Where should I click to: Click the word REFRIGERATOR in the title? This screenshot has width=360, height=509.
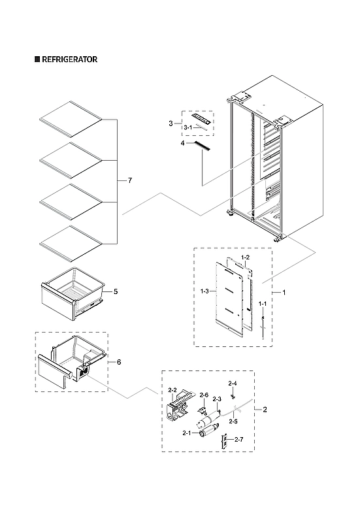pyautogui.click(x=70, y=59)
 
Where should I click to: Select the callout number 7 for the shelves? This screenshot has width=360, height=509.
pyautogui.click(x=129, y=180)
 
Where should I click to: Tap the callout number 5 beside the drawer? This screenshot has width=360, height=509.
pyautogui.click(x=116, y=291)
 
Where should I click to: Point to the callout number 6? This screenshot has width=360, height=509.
pyautogui.click(x=118, y=361)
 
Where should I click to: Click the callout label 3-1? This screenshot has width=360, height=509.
pyautogui.click(x=187, y=127)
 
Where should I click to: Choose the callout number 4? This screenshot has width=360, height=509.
pyautogui.click(x=184, y=142)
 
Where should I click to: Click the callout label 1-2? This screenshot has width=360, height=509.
pyautogui.click(x=244, y=258)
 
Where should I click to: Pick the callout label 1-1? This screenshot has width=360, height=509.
pyautogui.click(x=262, y=304)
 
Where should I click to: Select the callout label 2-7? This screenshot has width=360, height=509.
pyautogui.click(x=238, y=439)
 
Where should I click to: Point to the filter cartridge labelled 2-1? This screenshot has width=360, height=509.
pyautogui.click(x=210, y=429)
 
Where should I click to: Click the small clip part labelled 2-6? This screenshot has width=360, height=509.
pyautogui.click(x=203, y=411)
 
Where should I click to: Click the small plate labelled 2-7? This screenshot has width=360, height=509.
pyautogui.click(x=225, y=442)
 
